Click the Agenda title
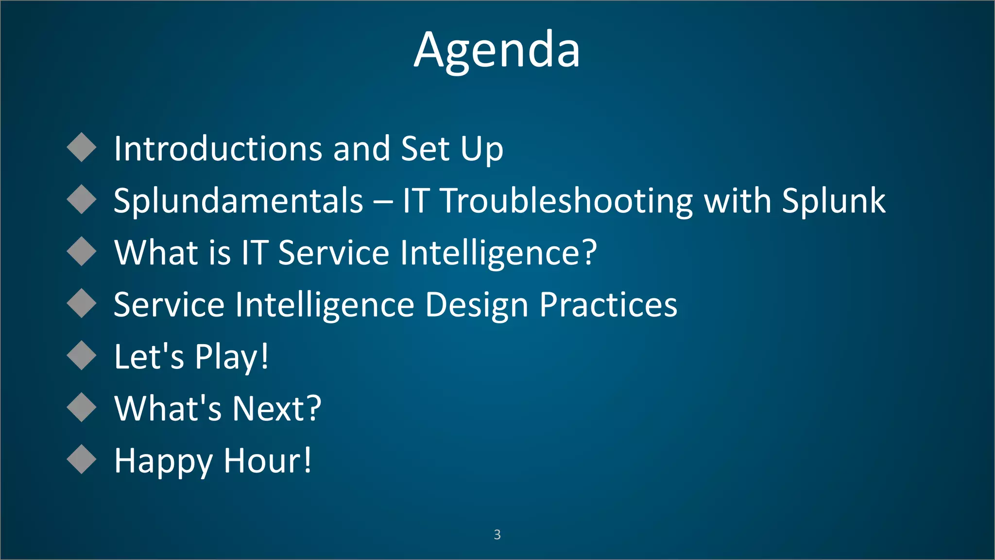[497, 50]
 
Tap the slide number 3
[497, 534]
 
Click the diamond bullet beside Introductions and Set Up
[82, 147]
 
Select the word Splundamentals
[238, 201]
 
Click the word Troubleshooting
[566, 201]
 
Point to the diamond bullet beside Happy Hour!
[82, 459]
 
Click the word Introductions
[218, 148]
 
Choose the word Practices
[608, 305]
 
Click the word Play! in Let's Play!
[231, 357]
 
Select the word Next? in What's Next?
[276, 408]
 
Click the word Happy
[163, 461]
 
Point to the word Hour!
[267, 460]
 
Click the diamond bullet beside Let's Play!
[82, 355]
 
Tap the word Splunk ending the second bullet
[833, 201]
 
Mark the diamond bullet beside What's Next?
[82, 407]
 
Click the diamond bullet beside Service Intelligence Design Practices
[82, 303]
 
